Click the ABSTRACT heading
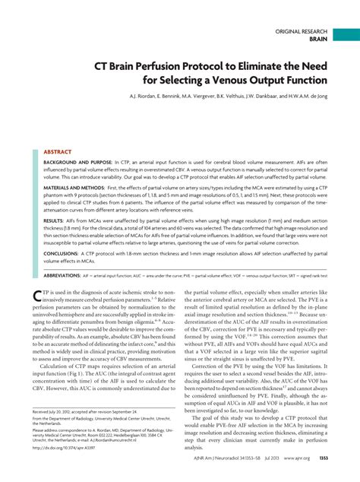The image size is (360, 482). pos(58,131)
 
